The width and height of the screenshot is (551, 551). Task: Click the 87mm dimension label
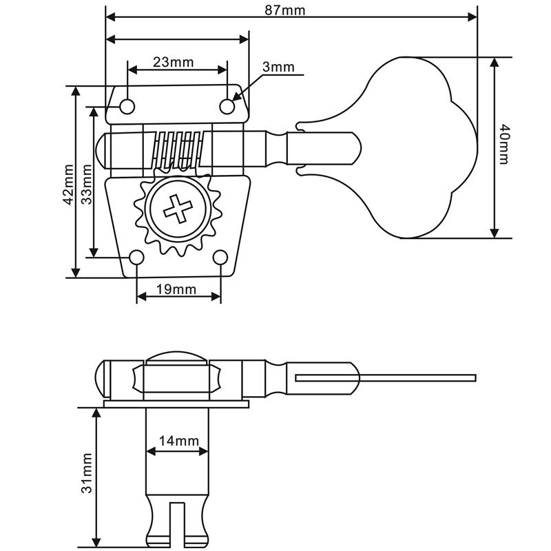pyautogui.click(x=284, y=10)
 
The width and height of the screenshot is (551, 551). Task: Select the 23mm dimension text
pyautogui.click(x=174, y=62)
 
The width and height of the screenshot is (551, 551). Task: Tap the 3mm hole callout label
pyautogui.click(x=278, y=67)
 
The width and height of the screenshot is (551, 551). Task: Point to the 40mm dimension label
pyautogui.click(x=504, y=145)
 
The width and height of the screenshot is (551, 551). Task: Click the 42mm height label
pyautogui.click(x=68, y=185)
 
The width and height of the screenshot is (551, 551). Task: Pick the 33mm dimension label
pyautogui.click(x=87, y=185)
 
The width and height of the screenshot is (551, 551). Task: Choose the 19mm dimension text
pyautogui.click(x=176, y=289)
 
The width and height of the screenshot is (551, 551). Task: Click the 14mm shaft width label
pyautogui.click(x=179, y=441)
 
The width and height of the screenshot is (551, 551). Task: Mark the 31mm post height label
pyautogui.click(x=87, y=473)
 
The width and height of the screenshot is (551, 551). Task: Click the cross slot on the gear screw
pyautogui.click(x=178, y=209)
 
